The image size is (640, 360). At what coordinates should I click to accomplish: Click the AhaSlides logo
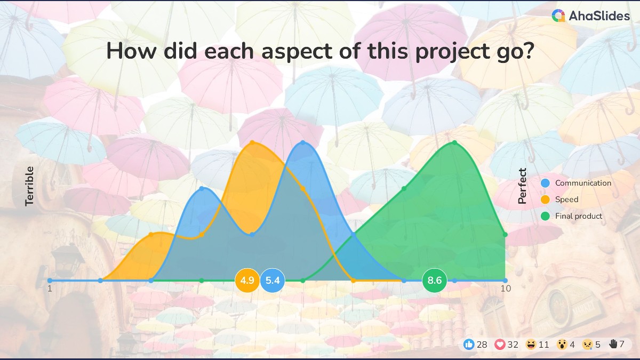(590, 16)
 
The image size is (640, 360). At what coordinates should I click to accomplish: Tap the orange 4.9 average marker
(247, 281)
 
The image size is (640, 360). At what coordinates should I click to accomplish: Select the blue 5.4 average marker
(273, 281)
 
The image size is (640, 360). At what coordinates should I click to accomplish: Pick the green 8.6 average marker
(435, 281)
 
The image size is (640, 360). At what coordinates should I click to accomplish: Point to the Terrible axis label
(30, 186)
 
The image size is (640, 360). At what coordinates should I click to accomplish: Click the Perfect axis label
(523, 186)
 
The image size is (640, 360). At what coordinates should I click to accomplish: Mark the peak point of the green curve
(454, 142)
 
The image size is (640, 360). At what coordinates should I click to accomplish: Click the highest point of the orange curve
(252, 142)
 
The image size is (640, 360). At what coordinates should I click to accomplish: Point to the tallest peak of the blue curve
(303, 142)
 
